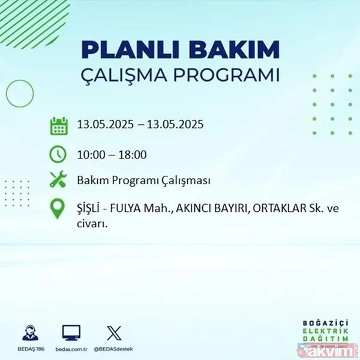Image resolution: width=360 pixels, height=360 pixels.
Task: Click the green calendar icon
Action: (x=58, y=127)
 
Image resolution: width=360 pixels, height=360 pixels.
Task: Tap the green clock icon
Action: (x=58, y=154)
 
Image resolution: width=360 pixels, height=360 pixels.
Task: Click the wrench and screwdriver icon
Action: (x=58, y=181)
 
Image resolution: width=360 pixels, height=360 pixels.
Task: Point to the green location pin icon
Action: (x=58, y=209)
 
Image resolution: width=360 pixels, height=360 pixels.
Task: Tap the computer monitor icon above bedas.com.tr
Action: (x=71, y=332)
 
